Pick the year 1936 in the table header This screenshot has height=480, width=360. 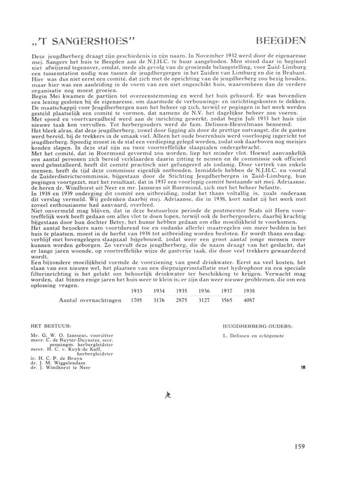[204, 291]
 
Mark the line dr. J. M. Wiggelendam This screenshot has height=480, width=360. [59, 363]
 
